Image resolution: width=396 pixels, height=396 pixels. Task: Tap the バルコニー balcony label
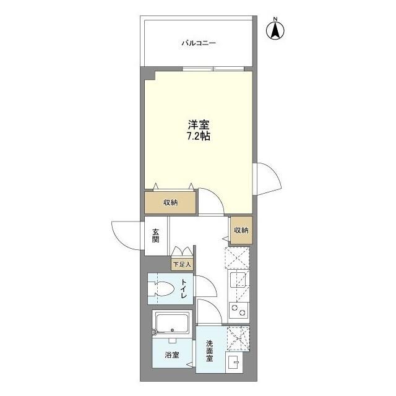199,43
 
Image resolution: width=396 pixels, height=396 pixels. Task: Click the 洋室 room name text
199,124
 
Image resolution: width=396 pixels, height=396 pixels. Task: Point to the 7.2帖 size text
199,136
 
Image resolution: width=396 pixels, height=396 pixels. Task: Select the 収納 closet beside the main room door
171,202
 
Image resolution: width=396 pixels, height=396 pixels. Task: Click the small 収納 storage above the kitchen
241,230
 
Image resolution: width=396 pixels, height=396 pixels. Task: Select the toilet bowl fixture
163,289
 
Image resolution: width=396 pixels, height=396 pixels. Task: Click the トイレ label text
184,289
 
